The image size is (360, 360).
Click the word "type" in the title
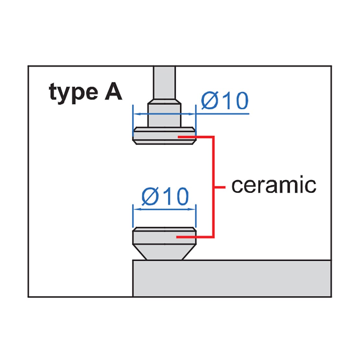tap(74, 93)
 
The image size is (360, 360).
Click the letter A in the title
tap(114, 91)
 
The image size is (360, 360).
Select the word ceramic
tap(274, 185)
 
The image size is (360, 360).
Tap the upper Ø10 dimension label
tap(225, 100)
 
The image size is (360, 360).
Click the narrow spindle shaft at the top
tap(164, 83)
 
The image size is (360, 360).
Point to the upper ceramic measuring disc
tap(164, 136)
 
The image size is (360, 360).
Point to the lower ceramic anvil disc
tap(164, 236)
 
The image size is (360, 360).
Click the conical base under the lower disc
tap(164, 252)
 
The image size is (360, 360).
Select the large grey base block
tap(232, 279)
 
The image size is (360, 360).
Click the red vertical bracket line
tap(213, 187)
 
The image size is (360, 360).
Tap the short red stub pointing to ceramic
tap(220, 187)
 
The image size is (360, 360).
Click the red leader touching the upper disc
tap(196, 137)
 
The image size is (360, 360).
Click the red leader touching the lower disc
tap(195, 237)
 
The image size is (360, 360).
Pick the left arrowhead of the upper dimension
tap(137, 114)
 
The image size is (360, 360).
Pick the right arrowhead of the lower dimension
tap(191, 209)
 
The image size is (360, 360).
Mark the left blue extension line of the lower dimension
tap(133, 216)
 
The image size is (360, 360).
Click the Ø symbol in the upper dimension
tap(210, 100)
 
